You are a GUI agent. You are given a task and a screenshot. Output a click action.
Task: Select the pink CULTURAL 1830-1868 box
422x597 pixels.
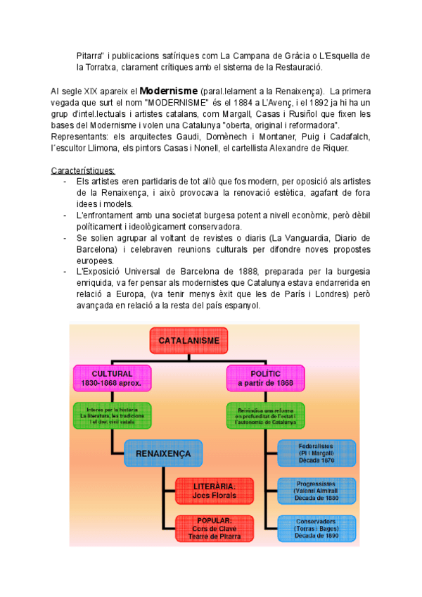tap(111, 379)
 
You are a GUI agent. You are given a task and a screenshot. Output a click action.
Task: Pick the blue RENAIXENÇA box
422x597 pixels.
tap(163, 452)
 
